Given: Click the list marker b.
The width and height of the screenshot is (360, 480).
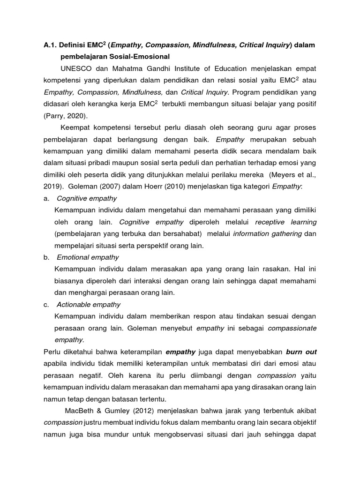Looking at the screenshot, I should click(x=46, y=257).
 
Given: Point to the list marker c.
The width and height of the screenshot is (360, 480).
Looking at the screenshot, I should click(x=46, y=304).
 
